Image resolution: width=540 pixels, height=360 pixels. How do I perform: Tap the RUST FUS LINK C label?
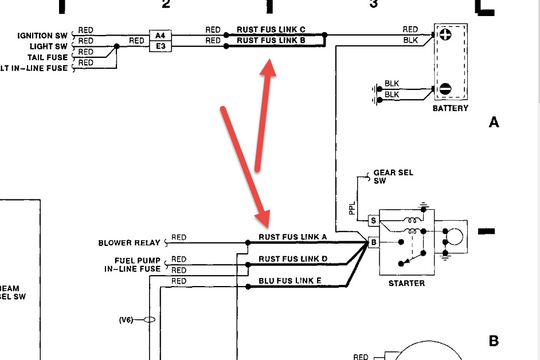click(271, 30)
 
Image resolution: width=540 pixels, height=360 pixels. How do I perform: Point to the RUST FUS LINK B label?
click(271, 41)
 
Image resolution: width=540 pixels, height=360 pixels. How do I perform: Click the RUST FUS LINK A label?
click(293, 237)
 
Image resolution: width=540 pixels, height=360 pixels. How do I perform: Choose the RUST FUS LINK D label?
click(293, 259)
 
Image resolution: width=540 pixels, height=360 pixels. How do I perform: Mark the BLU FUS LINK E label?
click(291, 280)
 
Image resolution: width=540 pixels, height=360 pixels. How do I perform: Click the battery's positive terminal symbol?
click(445, 34)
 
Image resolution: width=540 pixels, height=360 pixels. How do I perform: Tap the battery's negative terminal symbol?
click(445, 89)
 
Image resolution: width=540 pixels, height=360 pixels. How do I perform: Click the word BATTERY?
click(451, 108)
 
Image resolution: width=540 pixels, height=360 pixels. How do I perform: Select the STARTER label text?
click(406, 283)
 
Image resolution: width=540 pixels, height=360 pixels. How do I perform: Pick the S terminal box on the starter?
click(373, 221)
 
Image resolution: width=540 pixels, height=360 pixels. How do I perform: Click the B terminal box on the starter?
click(373, 242)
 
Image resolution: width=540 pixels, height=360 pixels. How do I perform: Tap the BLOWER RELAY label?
click(130, 243)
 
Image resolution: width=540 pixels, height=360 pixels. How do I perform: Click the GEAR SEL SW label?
click(393, 177)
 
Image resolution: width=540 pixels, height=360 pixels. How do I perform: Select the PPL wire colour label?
click(352, 208)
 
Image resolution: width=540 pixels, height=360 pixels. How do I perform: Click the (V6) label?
click(126, 320)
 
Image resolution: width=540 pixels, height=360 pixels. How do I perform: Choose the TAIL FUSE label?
click(48, 57)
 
